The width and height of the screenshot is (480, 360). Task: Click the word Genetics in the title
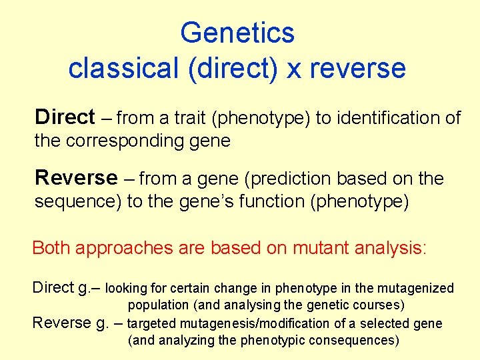point(237,33)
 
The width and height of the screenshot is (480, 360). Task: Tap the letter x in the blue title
point(294,69)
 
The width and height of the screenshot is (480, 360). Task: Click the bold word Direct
point(65,117)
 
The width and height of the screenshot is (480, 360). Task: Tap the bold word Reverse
point(75,178)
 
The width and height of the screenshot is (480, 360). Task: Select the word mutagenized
point(415,288)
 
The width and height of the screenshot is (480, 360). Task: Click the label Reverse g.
point(71,323)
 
